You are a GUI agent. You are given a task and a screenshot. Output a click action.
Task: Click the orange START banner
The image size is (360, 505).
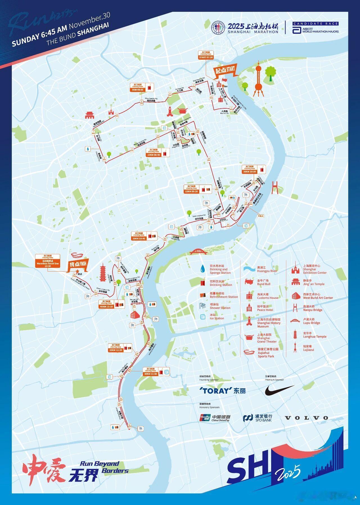pos(225,70)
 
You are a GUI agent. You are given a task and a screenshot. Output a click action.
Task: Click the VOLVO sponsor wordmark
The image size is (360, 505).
pos(307,418)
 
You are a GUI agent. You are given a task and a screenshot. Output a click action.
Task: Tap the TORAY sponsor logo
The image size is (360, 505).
pos(222,390)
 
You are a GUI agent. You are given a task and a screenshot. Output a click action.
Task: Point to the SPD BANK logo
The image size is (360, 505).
pos(258,418)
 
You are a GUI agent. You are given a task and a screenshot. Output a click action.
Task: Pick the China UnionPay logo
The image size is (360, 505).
pos(215,418)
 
